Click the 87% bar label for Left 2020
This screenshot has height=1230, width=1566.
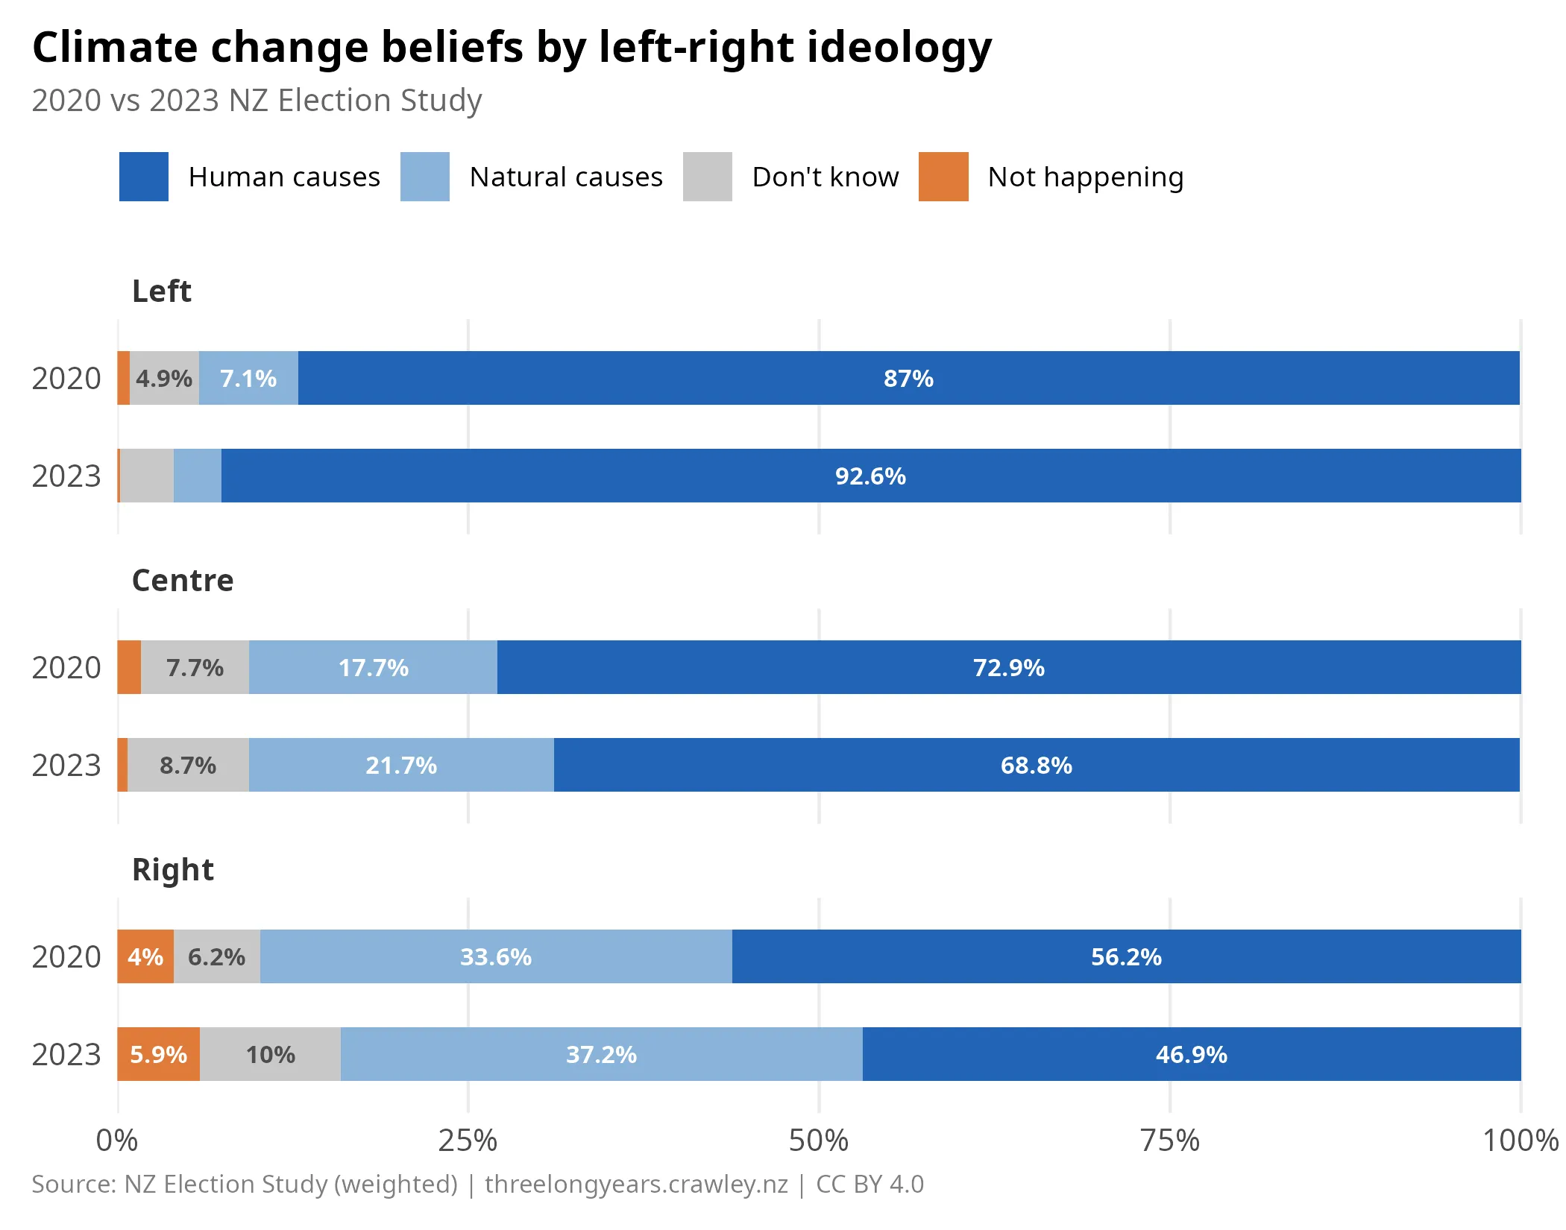(908, 379)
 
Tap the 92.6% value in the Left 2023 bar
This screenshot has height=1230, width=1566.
(870, 476)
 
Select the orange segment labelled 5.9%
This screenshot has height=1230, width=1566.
(158, 1055)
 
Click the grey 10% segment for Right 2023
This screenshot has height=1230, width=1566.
(270, 1055)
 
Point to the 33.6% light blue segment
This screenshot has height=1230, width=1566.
(496, 957)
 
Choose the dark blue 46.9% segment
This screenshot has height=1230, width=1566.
(1191, 1055)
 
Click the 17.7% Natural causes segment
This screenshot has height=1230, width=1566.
(373, 668)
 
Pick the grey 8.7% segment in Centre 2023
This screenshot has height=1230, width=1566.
(188, 766)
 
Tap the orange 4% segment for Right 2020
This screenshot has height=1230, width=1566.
(145, 957)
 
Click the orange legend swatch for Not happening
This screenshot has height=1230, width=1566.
(943, 177)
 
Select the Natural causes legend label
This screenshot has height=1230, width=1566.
(566, 177)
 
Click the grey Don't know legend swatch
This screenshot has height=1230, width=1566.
(707, 177)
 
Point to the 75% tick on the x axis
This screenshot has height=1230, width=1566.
(1170, 1141)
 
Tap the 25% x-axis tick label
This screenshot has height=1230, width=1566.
(468, 1141)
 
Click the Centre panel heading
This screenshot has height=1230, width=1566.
(183, 581)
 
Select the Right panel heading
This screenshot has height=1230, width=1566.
(173, 870)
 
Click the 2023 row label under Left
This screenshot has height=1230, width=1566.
(66, 476)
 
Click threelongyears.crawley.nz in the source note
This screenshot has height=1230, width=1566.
(636, 1185)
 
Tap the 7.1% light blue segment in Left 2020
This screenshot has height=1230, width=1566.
(248, 379)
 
